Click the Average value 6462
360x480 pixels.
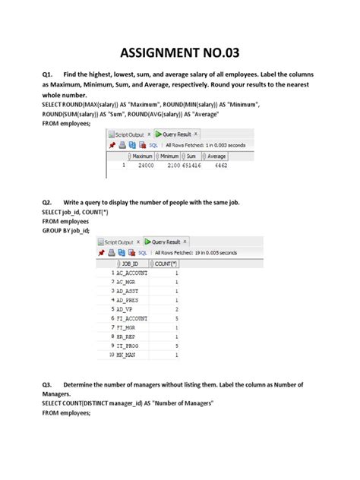coord(221,164)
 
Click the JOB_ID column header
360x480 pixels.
coord(131,263)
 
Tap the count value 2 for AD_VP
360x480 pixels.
coord(176,309)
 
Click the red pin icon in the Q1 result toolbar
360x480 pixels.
coord(111,144)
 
